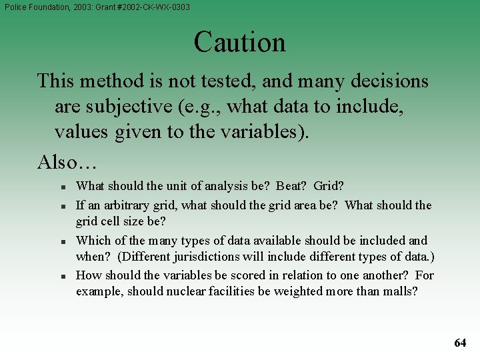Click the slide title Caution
tap(240, 42)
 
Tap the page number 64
tap(460, 343)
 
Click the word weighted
tap(298, 291)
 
